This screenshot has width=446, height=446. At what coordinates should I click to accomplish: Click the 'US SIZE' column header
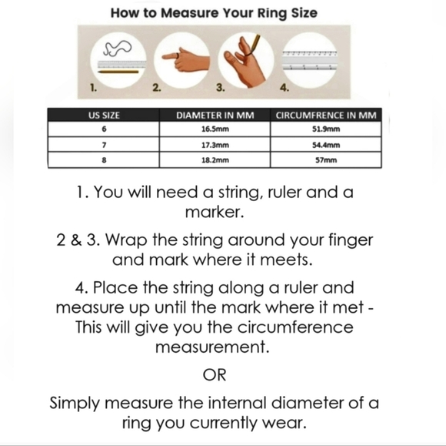pyautogui.click(x=104, y=116)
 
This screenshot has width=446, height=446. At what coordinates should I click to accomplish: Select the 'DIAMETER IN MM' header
pyautogui.click(x=215, y=116)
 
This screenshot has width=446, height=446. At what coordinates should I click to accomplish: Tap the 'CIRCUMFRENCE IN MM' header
pyautogui.click(x=326, y=116)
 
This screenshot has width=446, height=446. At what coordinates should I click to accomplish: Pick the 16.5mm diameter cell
pyautogui.click(x=215, y=129)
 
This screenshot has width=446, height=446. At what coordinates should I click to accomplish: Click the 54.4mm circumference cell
pyautogui.click(x=326, y=145)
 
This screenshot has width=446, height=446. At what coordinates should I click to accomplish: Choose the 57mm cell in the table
pyautogui.click(x=326, y=160)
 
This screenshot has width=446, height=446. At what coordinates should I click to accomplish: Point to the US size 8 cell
pyautogui.click(x=104, y=160)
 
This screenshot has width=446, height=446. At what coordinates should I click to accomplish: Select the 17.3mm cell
pyautogui.click(x=215, y=145)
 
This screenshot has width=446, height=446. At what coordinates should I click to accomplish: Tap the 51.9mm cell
pyautogui.click(x=326, y=129)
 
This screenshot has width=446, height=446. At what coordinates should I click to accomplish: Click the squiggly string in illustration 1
pyautogui.click(x=118, y=48)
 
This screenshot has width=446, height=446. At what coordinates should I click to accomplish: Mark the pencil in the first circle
pyautogui.click(x=118, y=72)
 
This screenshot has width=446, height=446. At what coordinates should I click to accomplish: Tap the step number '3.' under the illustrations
pyautogui.click(x=220, y=88)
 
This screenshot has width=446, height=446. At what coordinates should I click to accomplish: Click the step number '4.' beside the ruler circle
pyautogui.click(x=285, y=88)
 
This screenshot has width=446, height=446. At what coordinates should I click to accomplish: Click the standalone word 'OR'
pyautogui.click(x=215, y=375)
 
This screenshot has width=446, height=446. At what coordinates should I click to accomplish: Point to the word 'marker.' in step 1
pyautogui.click(x=215, y=213)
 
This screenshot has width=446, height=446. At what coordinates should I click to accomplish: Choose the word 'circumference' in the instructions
pyautogui.click(x=295, y=327)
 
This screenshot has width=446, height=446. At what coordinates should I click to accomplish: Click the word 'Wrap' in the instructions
pyautogui.click(x=126, y=241)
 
